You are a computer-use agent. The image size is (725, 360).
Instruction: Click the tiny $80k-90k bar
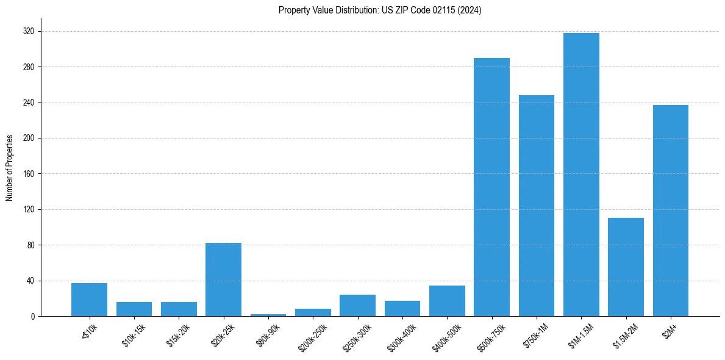[268, 315]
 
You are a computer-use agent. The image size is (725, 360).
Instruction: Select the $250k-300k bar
[357, 306]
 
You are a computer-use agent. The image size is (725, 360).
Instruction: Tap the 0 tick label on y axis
[34, 317]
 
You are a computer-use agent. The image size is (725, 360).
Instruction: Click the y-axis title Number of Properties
[10, 168]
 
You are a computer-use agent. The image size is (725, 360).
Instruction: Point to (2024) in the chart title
[471, 10]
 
